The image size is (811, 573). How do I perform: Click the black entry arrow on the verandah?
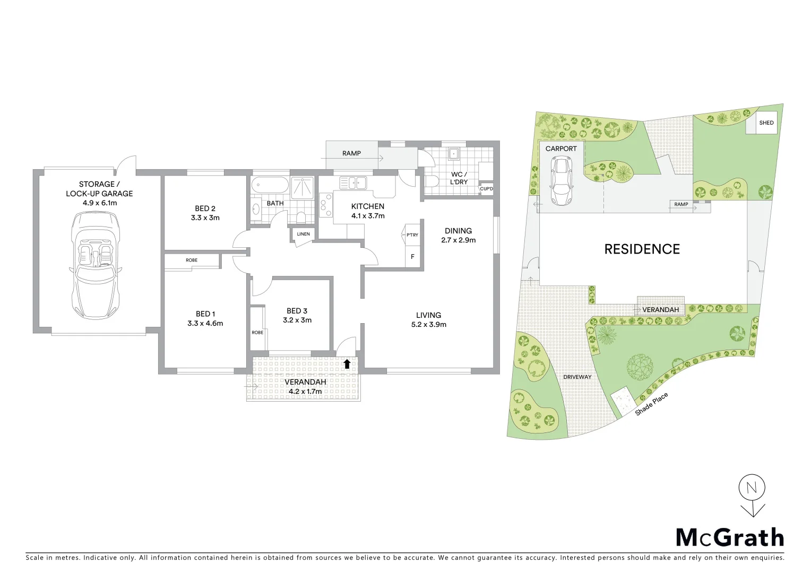click(x=347, y=363)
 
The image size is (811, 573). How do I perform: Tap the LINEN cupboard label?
click(x=303, y=234)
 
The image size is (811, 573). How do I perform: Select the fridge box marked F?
click(x=412, y=257)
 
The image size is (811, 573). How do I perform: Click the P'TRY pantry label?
click(x=412, y=235)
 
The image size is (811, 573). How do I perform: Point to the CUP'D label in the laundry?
click(x=486, y=189)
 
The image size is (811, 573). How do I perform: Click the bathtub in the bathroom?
click(x=270, y=186)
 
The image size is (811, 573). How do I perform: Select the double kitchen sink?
click(x=353, y=183)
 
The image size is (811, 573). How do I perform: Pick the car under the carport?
click(x=561, y=180)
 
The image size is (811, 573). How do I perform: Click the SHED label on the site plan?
click(x=766, y=123)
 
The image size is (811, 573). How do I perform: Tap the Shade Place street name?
click(x=652, y=404)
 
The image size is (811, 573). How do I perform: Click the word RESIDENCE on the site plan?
click(x=642, y=249)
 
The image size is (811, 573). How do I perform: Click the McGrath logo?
click(x=730, y=537)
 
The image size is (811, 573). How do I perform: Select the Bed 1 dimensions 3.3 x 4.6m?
click(x=205, y=323)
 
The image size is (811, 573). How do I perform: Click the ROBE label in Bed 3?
click(x=257, y=333)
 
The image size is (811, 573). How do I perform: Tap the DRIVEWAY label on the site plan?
click(x=577, y=377)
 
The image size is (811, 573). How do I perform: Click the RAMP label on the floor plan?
click(x=351, y=153)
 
